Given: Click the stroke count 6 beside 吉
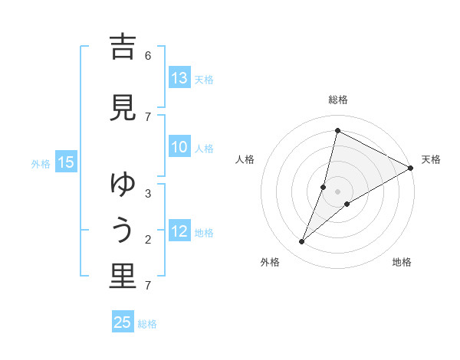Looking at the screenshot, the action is pyautogui.click(x=148, y=55).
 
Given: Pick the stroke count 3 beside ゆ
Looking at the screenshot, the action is pyautogui.click(x=148, y=194).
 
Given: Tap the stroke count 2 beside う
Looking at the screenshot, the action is pyautogui.click(x=148, y=240).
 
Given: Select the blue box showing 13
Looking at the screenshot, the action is pyautogui.click(x=179, y=78).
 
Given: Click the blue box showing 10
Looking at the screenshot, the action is pyautogui.click(x=179, y=148).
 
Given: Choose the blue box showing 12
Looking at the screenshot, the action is pyautogui.click(x=179, y=231).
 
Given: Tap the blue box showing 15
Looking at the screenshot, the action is pyautogui.click(x=66, y=162).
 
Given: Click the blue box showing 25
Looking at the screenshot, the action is pyautogui.click(x=123, y=322).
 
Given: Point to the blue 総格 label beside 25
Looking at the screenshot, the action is pyautogui.click(x=148, y=324).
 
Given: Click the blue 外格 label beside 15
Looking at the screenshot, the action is pyautogui.click(x=41, y=163).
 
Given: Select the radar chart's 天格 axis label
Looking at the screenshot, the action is pyautogui.click(x=431, y=159).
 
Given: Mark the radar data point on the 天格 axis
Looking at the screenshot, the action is pyautogui.click(x=411, y=168).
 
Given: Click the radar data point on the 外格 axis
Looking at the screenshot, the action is pyautogui.click(x=302, y=242).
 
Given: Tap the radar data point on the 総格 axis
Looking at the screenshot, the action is pyautogui.click(x=337, y=130).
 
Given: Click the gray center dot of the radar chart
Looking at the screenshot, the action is pyautogui.click(x=337, y=191).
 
